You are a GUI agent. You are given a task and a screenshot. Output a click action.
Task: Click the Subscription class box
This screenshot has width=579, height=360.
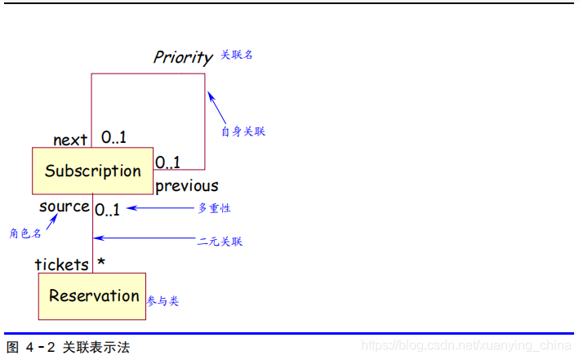coord(92,171)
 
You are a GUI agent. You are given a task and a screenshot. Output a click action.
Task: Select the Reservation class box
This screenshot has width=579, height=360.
coord(92,296)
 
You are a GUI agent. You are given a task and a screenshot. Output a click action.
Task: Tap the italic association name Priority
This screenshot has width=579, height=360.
coord(182,57)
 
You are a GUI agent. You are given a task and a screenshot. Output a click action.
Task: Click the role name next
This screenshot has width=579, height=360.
coord(70,140)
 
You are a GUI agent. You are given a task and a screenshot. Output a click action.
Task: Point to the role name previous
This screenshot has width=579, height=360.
coord(187,186)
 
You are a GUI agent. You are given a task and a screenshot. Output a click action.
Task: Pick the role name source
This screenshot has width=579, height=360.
coord(64,207)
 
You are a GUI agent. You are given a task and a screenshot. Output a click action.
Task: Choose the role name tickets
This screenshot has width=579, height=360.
coord(61,264)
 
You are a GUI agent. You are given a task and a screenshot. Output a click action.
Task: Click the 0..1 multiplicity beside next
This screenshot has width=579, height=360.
coord(114,137)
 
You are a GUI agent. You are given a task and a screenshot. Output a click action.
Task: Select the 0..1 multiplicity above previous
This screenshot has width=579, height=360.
coord(168,162)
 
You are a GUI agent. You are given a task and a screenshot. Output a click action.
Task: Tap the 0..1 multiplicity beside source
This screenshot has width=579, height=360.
coord(107,210)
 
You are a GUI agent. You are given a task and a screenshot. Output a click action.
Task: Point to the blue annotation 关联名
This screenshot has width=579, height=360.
coord(237,55)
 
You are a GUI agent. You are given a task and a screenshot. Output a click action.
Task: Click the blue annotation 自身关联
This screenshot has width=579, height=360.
coord(243,131)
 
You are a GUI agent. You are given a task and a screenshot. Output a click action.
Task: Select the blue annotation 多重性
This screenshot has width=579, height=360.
coord(215,208)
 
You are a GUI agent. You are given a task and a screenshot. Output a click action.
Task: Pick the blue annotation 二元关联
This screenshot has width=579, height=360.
coord(220,242)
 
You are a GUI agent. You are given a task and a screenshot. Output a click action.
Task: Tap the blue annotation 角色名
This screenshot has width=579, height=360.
coord(25,233)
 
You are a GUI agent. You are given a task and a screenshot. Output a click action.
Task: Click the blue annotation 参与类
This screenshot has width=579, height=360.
coord(163,301)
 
